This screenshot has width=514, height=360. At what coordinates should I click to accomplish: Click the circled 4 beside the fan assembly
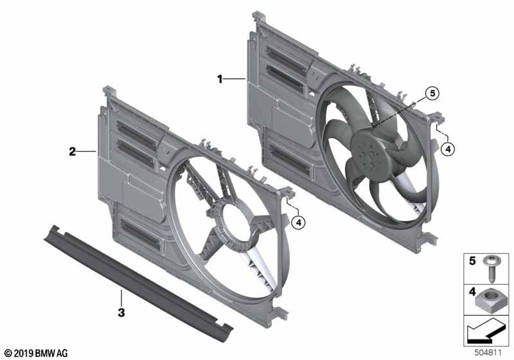click(449, 148)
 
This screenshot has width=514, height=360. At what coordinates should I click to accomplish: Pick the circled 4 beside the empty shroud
click(298, 222)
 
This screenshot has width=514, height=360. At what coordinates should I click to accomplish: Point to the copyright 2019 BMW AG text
click(35, 353)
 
